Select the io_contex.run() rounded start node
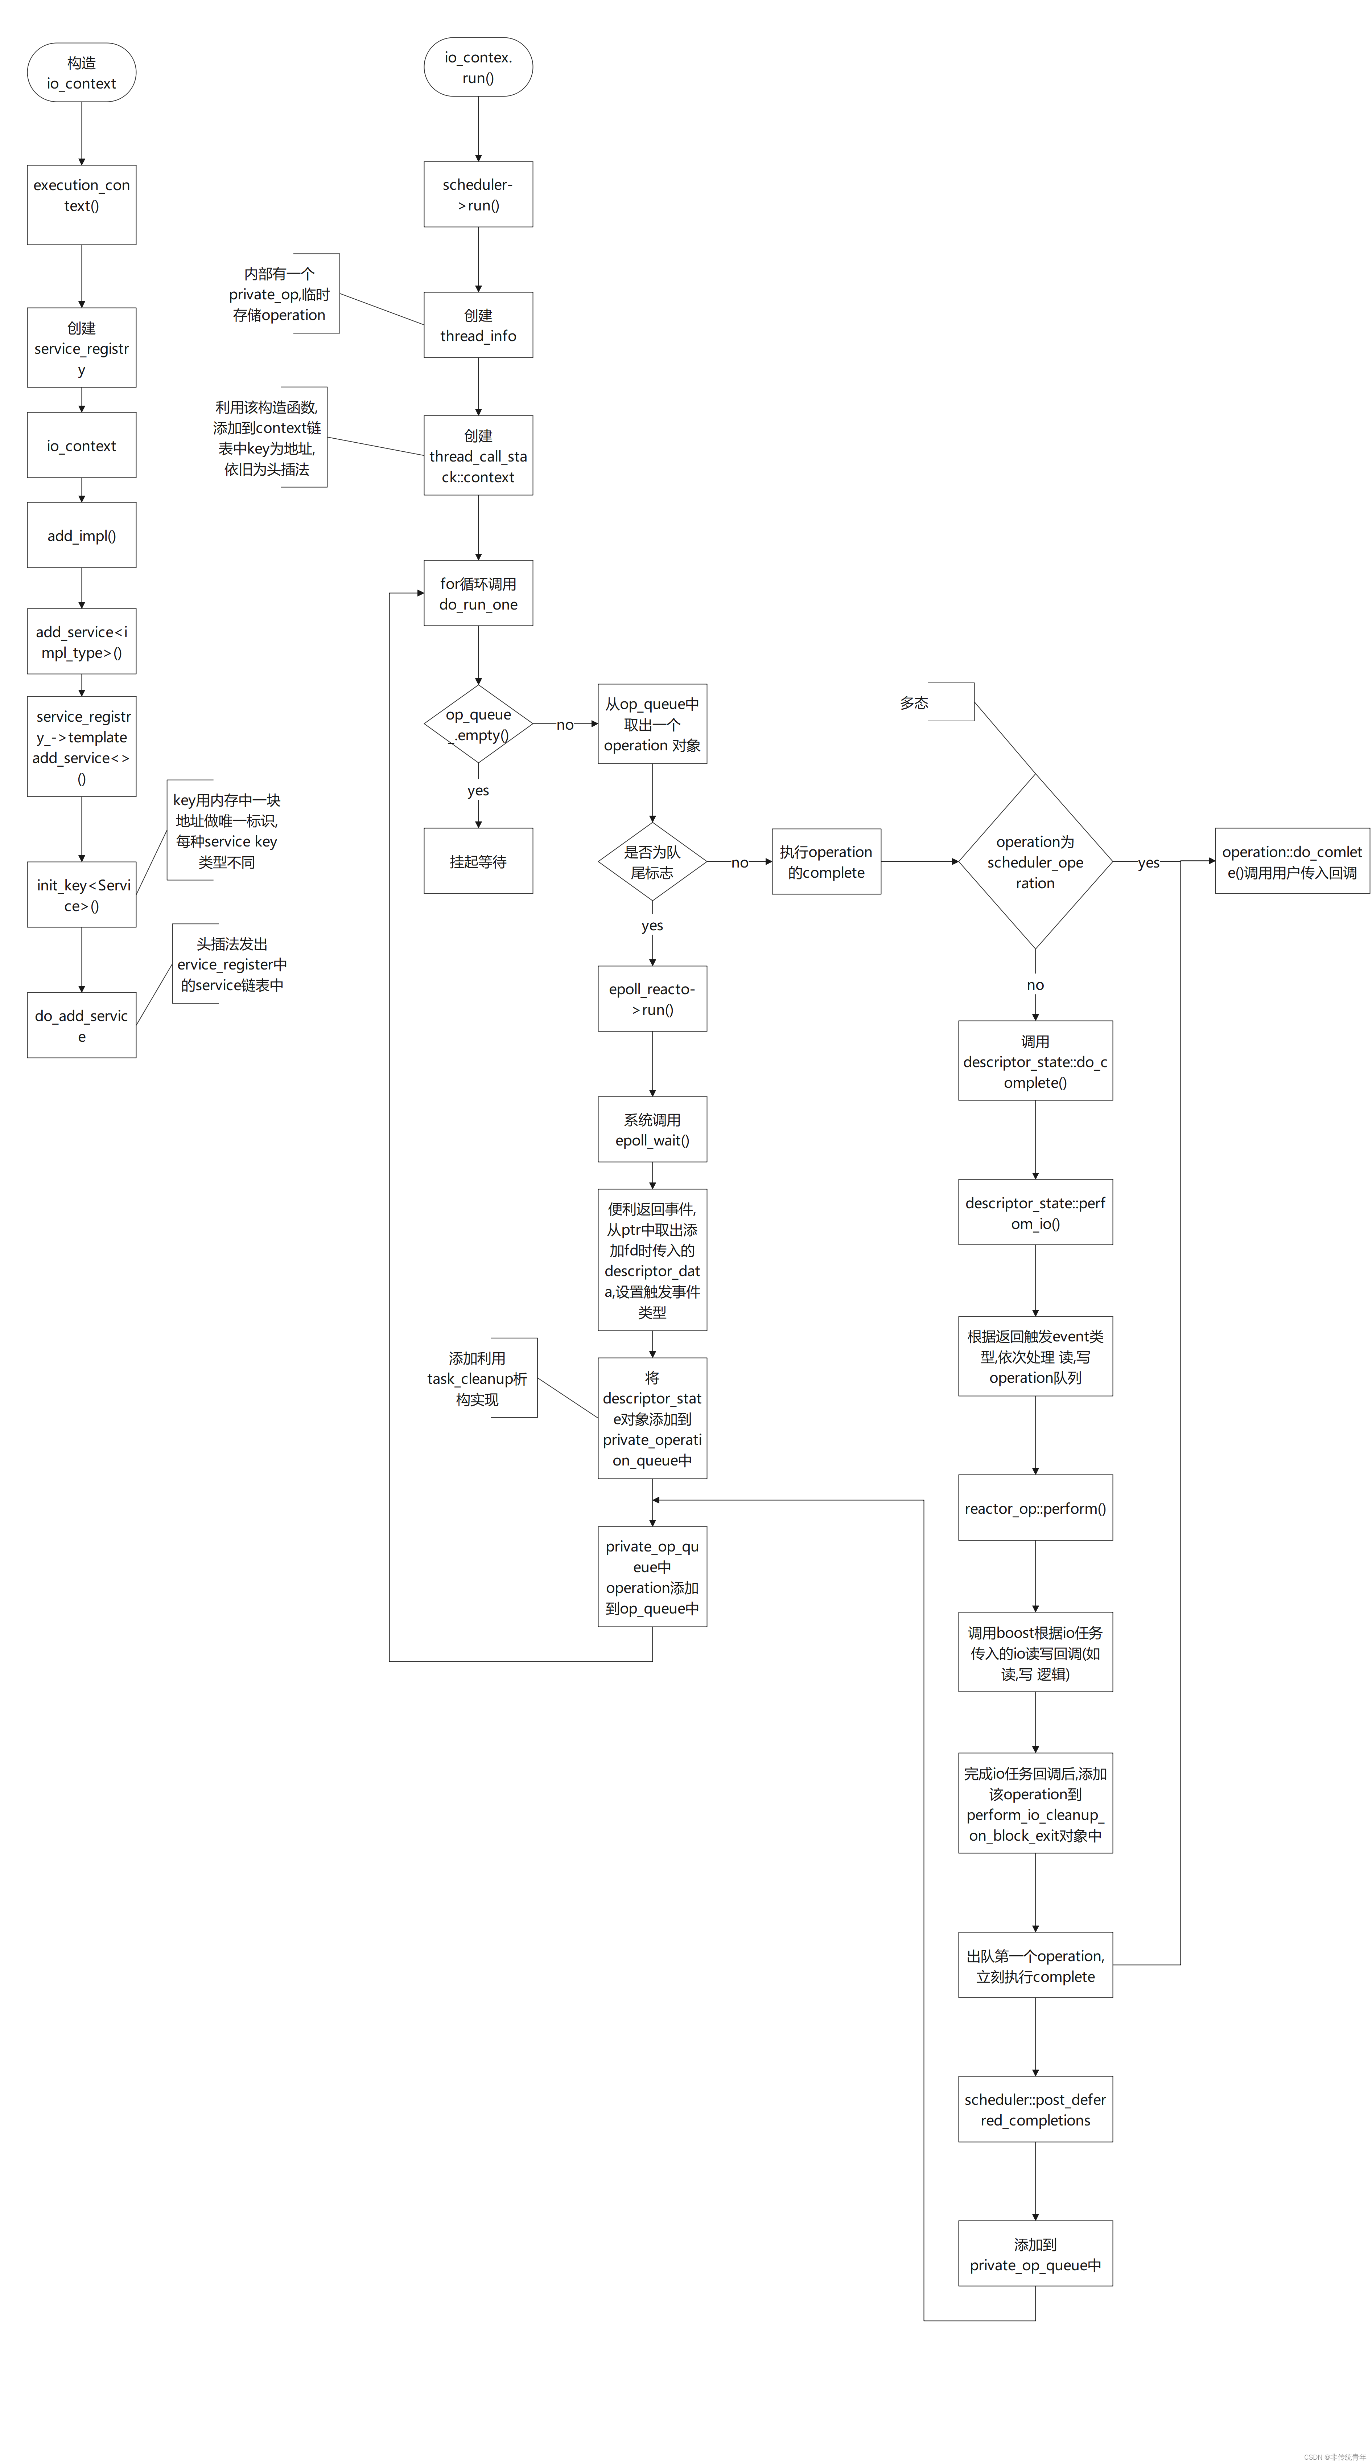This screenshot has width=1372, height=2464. (x=478, y=67)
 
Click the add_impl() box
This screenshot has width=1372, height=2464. (x=81, y=536)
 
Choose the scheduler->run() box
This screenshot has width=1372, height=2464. (x=478, y=194)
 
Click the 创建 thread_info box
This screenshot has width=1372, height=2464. (x=478, y=325)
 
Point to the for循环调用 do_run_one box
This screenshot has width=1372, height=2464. (x=478, y=593)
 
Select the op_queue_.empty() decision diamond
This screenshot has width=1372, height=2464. (x=478, y=724)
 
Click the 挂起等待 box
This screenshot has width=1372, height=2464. (x=478, y=861)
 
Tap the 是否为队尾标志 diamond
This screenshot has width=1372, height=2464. (x=652, y=862)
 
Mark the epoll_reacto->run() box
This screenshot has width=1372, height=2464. (x=652, y=999)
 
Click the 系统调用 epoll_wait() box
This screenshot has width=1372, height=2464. (x=652, y=1129)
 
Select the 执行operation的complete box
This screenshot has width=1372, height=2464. (x=826, y=862)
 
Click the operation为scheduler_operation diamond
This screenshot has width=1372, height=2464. (x=1035, y=862)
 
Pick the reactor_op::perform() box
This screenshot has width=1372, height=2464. (x=1035, y=1508)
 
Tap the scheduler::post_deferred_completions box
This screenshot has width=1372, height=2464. (x=1035, y=2109)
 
